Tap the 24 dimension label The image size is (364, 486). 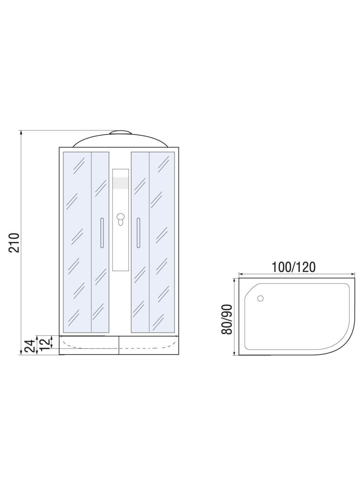point(30,346)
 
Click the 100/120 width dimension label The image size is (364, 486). point(293,267)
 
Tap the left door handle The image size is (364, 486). point(102,233)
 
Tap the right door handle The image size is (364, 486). point(138,233)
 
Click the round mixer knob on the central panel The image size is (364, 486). point(121,217)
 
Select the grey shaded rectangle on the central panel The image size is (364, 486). point(121,183)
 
